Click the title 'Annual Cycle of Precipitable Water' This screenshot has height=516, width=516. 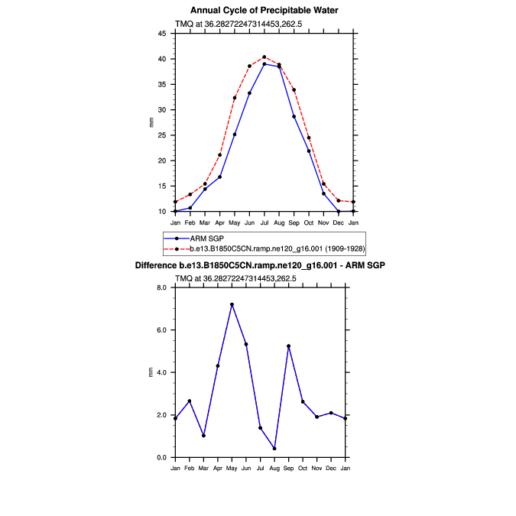click(x=264, y=10)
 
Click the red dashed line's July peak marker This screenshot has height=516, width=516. click(x=264, y=57)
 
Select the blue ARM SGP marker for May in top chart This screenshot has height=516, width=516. click(x=235, y=135)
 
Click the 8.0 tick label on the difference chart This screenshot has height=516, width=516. click(x=161, y=287)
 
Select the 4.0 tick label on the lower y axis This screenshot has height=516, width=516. click(x=161, y=372)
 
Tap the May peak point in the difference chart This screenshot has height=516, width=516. click(x=232, y=304)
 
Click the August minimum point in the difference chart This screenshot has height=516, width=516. click(x=274, y=448)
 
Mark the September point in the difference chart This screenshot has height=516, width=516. click(x=289, y=346)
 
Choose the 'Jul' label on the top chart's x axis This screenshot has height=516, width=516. click(x=264, y=222)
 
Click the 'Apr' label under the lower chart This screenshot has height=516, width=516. click(x=218, y=467)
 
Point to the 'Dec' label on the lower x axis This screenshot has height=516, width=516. click(x=331, y=467)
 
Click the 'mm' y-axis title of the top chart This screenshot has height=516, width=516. click(x=151, y=122)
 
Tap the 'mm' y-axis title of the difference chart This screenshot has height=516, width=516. click(x=151, y=372)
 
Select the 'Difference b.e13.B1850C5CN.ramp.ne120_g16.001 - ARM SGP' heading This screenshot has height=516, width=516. click(x=260, y=265)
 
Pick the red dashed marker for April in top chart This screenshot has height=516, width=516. click(x=219, y=154)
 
